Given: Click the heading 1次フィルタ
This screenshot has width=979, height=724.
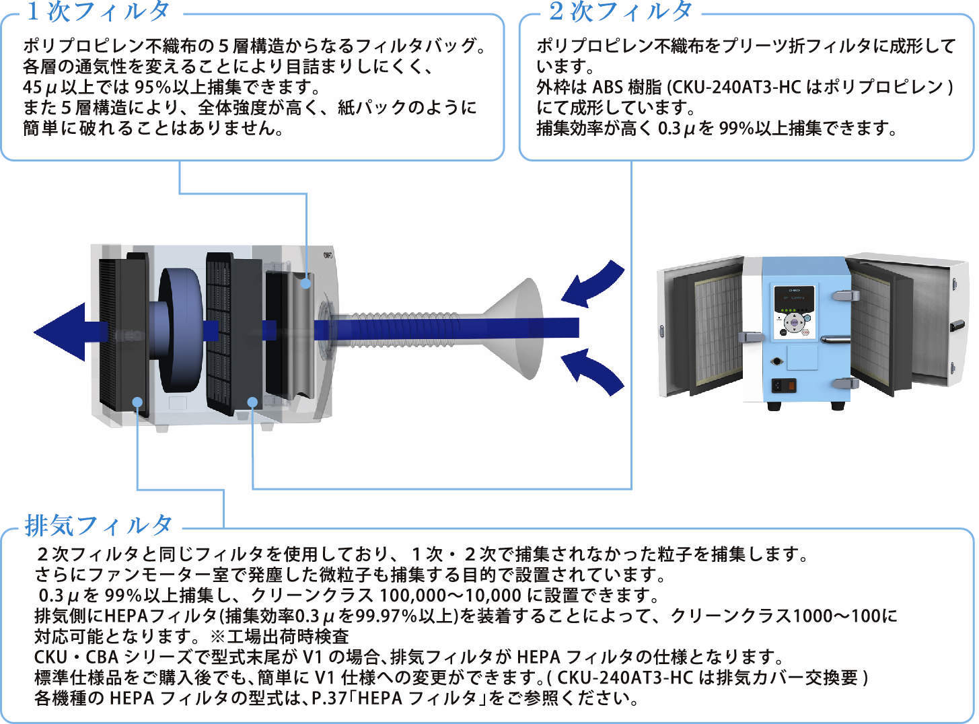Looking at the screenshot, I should pyautogui.click(x=98, y=11).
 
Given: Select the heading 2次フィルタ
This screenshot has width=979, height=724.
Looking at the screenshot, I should pyautogui.click(x=620, y=11).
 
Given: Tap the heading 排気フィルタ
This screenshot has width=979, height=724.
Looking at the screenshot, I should pyautogui.click(x=99, y=525).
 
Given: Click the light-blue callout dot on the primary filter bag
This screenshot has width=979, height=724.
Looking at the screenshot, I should pyautogui.click(x=306, y=283).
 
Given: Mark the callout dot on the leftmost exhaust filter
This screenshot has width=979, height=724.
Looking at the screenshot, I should pyautogui.click(x=137, y=402).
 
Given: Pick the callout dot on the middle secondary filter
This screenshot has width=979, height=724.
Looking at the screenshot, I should pyautogui.click(x=252, y=402).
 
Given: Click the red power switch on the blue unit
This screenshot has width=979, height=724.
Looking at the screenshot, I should pyautogui.click(x=791, y=386).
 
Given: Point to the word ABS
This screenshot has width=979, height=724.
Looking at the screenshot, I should pyautogui.click(x=607, y=87).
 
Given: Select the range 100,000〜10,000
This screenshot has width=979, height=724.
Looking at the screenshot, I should pyautogui.click(x=450, y=595).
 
